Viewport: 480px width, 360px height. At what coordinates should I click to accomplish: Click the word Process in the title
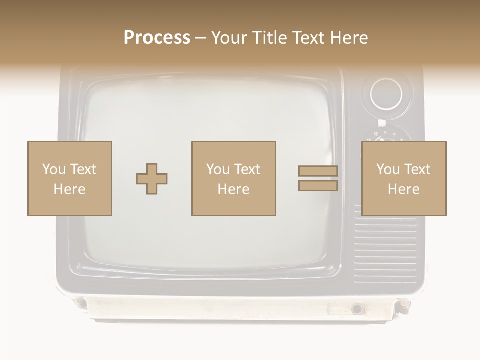157,38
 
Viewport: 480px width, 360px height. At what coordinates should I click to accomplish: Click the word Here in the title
350,38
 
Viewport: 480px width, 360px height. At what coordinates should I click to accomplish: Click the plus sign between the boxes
152,179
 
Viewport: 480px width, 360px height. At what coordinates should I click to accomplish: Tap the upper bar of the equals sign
318,171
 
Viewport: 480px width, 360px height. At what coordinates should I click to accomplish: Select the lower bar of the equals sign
318,186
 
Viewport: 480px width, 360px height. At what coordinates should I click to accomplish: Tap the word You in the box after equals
388,169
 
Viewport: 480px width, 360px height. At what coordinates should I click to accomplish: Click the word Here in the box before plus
69,189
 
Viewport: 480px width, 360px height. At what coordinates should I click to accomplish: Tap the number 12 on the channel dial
375,134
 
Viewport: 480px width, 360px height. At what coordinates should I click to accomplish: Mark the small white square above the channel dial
382,123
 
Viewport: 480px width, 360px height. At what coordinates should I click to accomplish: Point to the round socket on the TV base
357,309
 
